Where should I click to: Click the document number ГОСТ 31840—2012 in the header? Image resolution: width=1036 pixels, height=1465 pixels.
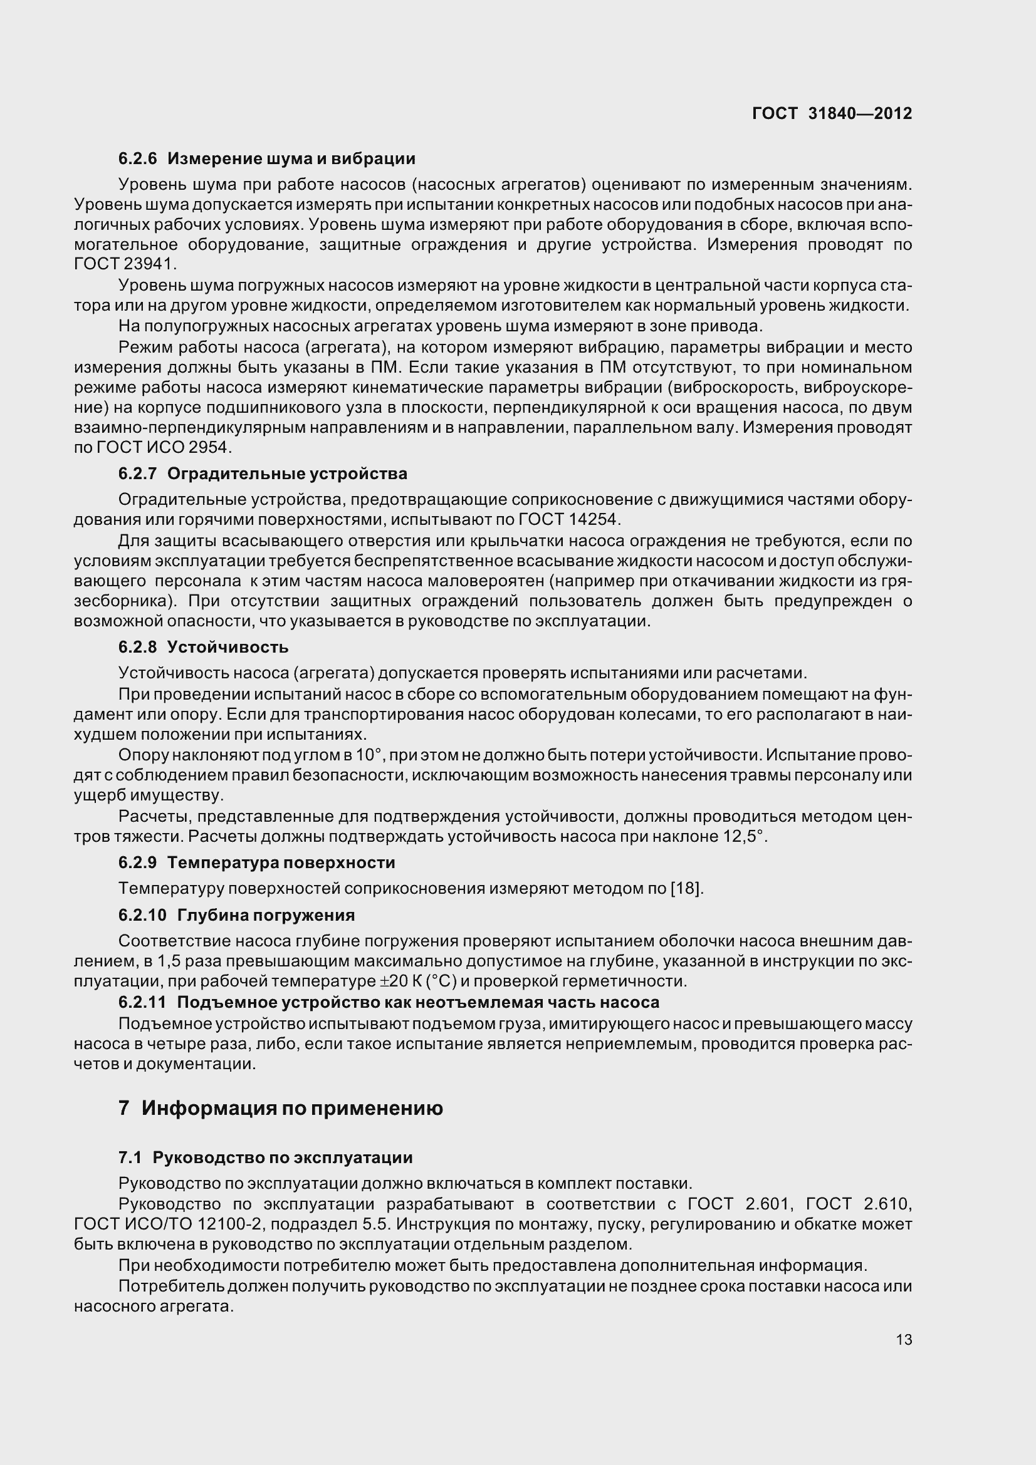pyautogui.click(x=832, y=113)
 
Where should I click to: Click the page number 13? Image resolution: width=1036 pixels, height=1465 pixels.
pyautogui.click(x=904, y=1340)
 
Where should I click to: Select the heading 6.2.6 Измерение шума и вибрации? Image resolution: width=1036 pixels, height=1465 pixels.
pyautogui.click(x=267, y=158)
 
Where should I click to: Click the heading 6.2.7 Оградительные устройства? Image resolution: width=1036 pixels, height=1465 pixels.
pyautogui.click(x=263, y=474)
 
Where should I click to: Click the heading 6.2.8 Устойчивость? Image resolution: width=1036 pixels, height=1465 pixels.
pyautogui.click(x=203, y=647)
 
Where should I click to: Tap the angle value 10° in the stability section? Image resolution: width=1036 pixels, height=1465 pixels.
pyautogui.click(x=369, y=755)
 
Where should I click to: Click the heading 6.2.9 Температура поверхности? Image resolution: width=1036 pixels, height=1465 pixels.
pyautogui.click(x=256, y=862)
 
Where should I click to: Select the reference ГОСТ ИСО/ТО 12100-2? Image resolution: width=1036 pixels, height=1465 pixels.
pyautogui.click(x=166, y=1224)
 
